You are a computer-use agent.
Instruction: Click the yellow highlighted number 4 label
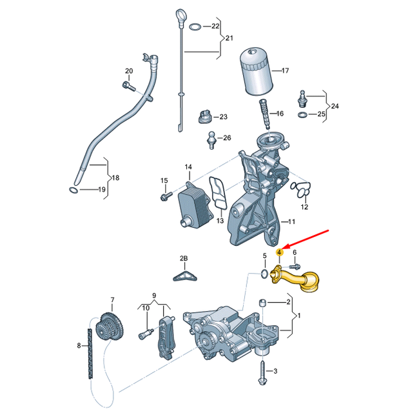click(278, 252)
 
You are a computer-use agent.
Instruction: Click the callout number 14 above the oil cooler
click(189, 167)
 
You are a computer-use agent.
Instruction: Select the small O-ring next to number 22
click(194, 26)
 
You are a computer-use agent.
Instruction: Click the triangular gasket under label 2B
click(184, 276)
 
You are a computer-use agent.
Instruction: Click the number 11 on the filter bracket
click(291, 221)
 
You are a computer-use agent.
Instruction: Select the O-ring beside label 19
click(75, 190)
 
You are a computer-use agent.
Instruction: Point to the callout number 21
click(229, 39)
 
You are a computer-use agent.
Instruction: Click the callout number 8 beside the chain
click(80, 346)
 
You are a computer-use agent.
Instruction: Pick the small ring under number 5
click(264, 275)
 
